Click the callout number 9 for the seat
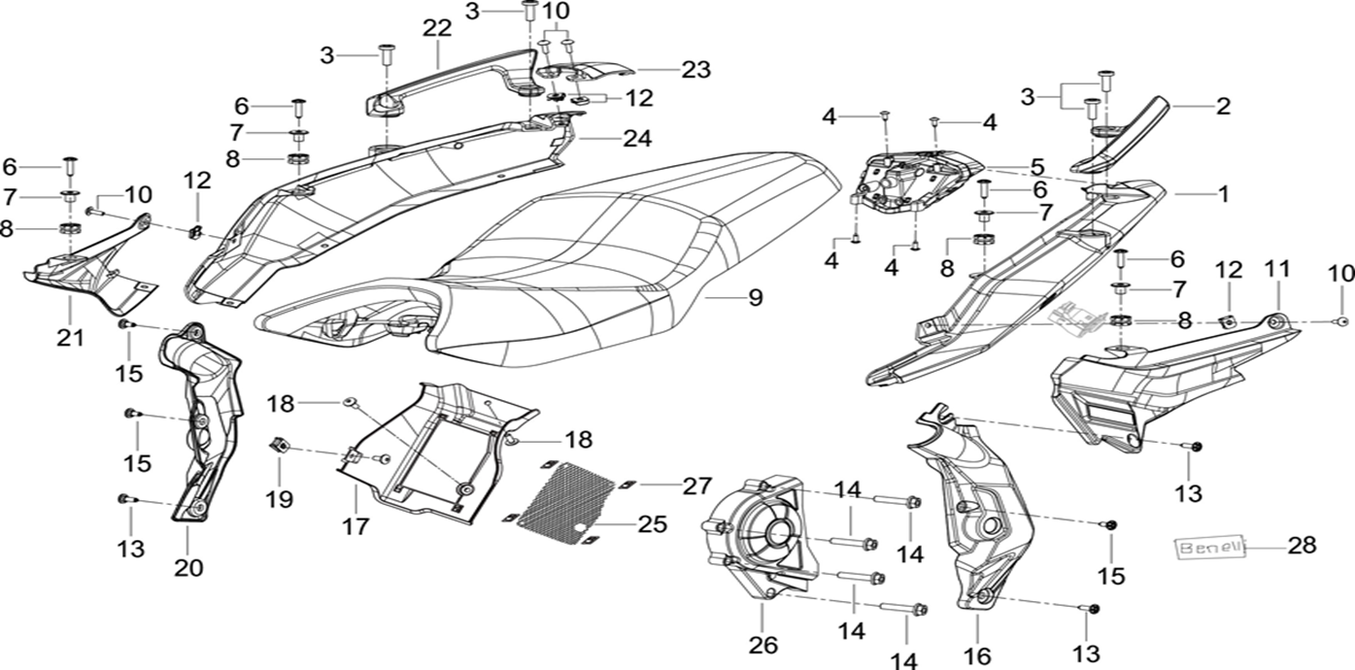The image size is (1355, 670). click(755, 299)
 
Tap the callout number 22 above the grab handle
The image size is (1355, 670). click(437, 29)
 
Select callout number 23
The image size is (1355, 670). click(695, 70)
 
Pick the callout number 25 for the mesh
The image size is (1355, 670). click(653, 524)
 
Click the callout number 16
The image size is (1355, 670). click(976, 654)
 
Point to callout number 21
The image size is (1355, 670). click(69, 337)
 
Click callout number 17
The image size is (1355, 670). click(356, 526)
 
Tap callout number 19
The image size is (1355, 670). click(281, 499)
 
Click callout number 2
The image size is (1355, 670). click(1223, 106)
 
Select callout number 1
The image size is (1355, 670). click(1223, 194)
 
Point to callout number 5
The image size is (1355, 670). click(1037, 166)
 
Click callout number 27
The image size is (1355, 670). click(696, 485)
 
